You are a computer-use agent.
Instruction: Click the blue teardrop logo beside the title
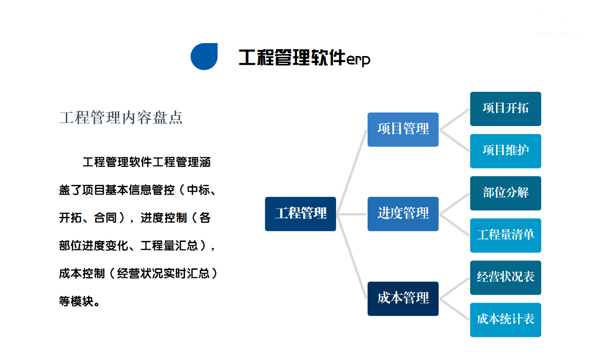coord(204,57)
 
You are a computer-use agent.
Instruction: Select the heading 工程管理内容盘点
coord(121,118)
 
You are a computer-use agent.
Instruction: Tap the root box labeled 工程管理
coord(300,214)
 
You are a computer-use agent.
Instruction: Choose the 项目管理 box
coord(403,129)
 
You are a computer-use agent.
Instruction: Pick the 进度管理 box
coord(403,214)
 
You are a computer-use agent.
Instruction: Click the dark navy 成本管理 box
coord(403,298)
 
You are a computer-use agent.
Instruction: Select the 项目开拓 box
coord(505,108)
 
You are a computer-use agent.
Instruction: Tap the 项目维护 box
coord(505,151)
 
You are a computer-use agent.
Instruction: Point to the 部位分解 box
coord(505,193)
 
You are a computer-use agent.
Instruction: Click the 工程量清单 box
coord(505,235)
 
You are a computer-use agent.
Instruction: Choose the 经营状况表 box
coord(505,277)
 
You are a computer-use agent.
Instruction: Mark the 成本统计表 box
coord(505,319)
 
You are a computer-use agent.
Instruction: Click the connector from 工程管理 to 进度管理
coord(352,214)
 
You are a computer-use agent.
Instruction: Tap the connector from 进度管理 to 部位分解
coord(454,204)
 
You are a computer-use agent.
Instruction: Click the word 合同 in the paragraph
coord(106,218)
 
